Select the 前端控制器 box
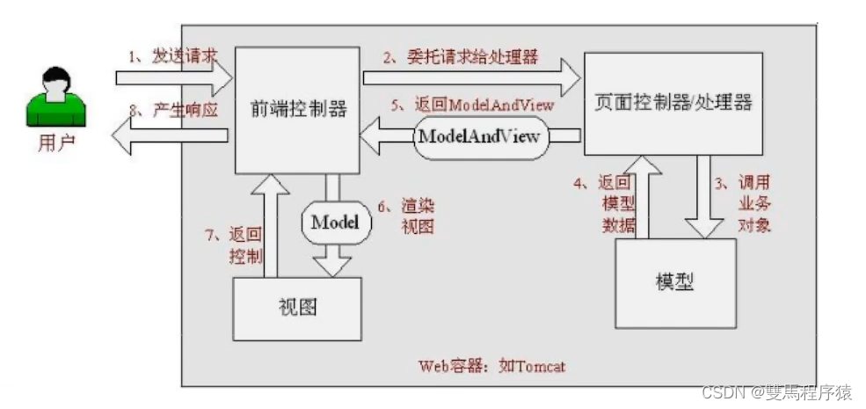297,110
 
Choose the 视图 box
296,308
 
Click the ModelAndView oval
479,137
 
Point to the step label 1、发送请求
172,57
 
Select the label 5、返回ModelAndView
472,104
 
